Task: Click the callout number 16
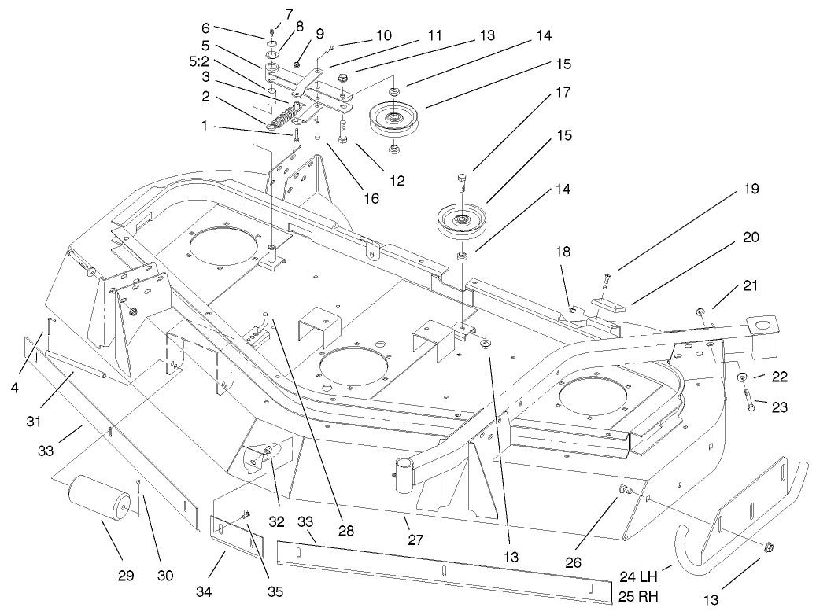pyautogui.click(x=371, y=197)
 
